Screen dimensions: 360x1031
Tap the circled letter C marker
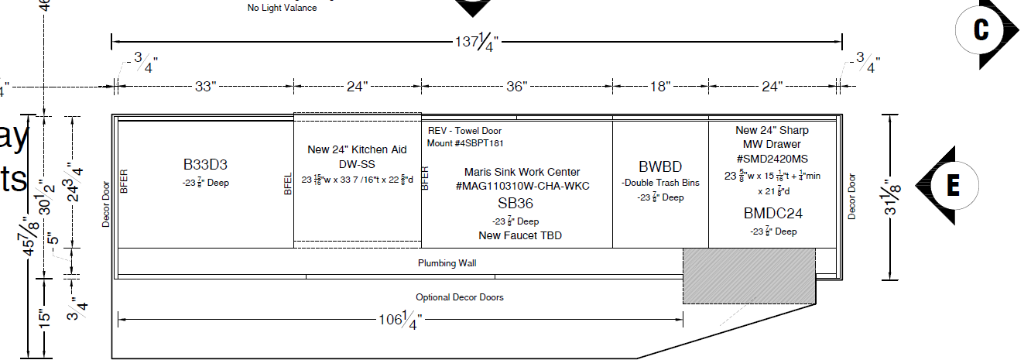[x=981, y=30]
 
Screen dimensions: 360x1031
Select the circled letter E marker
[x=952, y=185]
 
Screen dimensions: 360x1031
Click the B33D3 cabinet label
[x=204, y=164]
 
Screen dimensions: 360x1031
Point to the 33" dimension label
[x=203, y=86]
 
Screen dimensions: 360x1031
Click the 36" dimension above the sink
[x=516, y=86]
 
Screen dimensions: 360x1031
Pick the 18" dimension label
[x=659, y=86]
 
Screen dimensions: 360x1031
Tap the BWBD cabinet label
[x=660, y=166]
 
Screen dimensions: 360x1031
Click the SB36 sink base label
[x=515, y=204]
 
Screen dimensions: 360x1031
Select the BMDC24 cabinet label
[x=773, y=214]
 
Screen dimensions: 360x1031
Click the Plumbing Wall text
[x=447, y=263]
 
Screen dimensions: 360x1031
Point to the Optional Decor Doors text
[x=454, y=297]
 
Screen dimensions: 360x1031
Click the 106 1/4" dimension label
[x=399, y=319]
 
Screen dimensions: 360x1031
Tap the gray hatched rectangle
[x=748, y=276]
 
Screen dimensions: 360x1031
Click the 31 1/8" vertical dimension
[x=892, y=197]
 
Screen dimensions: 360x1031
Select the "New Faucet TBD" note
[x=520, y=235]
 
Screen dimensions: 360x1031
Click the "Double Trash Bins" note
[x=660, y=183]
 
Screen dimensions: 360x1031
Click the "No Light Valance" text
[x=282, y=8]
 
